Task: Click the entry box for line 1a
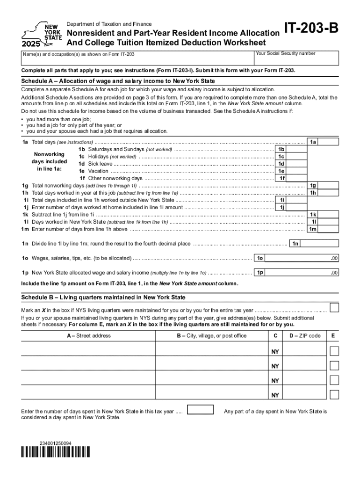(330, 142)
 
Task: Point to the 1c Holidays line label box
(281, 157)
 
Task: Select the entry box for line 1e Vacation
(297, 171)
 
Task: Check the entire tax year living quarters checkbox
(334, 307)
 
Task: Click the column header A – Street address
(89, 336)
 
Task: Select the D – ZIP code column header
(304, 336)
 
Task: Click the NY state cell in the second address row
(275, 366)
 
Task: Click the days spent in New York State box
(200, 410)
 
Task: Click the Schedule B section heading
(103, 298)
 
